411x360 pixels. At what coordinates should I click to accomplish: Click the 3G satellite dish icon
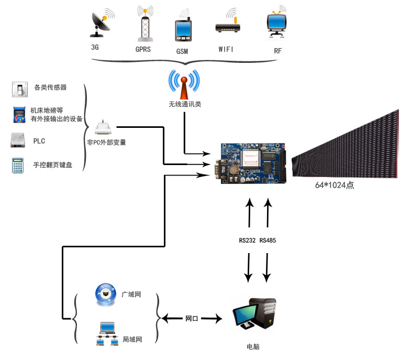102,23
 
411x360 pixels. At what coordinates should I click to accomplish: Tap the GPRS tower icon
145,24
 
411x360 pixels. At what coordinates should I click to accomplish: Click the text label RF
278,51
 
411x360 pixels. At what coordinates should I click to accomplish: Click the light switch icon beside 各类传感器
20,89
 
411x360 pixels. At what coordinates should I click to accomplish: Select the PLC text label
39,141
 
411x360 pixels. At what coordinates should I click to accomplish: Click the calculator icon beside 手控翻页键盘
18,166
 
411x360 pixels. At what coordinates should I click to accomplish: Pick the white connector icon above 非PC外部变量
103,127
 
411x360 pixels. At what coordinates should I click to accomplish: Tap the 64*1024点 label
335,186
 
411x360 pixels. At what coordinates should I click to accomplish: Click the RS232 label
247,241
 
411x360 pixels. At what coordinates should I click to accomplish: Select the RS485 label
268,241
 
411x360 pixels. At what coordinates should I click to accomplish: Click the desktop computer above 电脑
254,314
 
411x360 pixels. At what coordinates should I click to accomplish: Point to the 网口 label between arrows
192,319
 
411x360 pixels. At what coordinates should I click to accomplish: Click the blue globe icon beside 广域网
106,294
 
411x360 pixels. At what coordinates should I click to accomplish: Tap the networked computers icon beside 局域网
107,334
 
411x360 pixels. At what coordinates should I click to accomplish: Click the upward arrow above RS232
249,213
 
